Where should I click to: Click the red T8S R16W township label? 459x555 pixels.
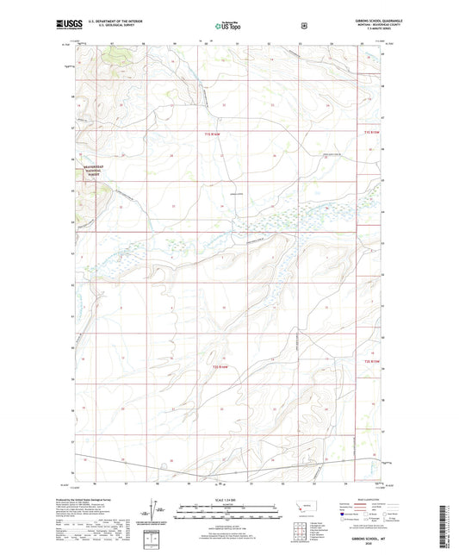point(220,367)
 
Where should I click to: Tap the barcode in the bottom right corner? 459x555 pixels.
point(450,526)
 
